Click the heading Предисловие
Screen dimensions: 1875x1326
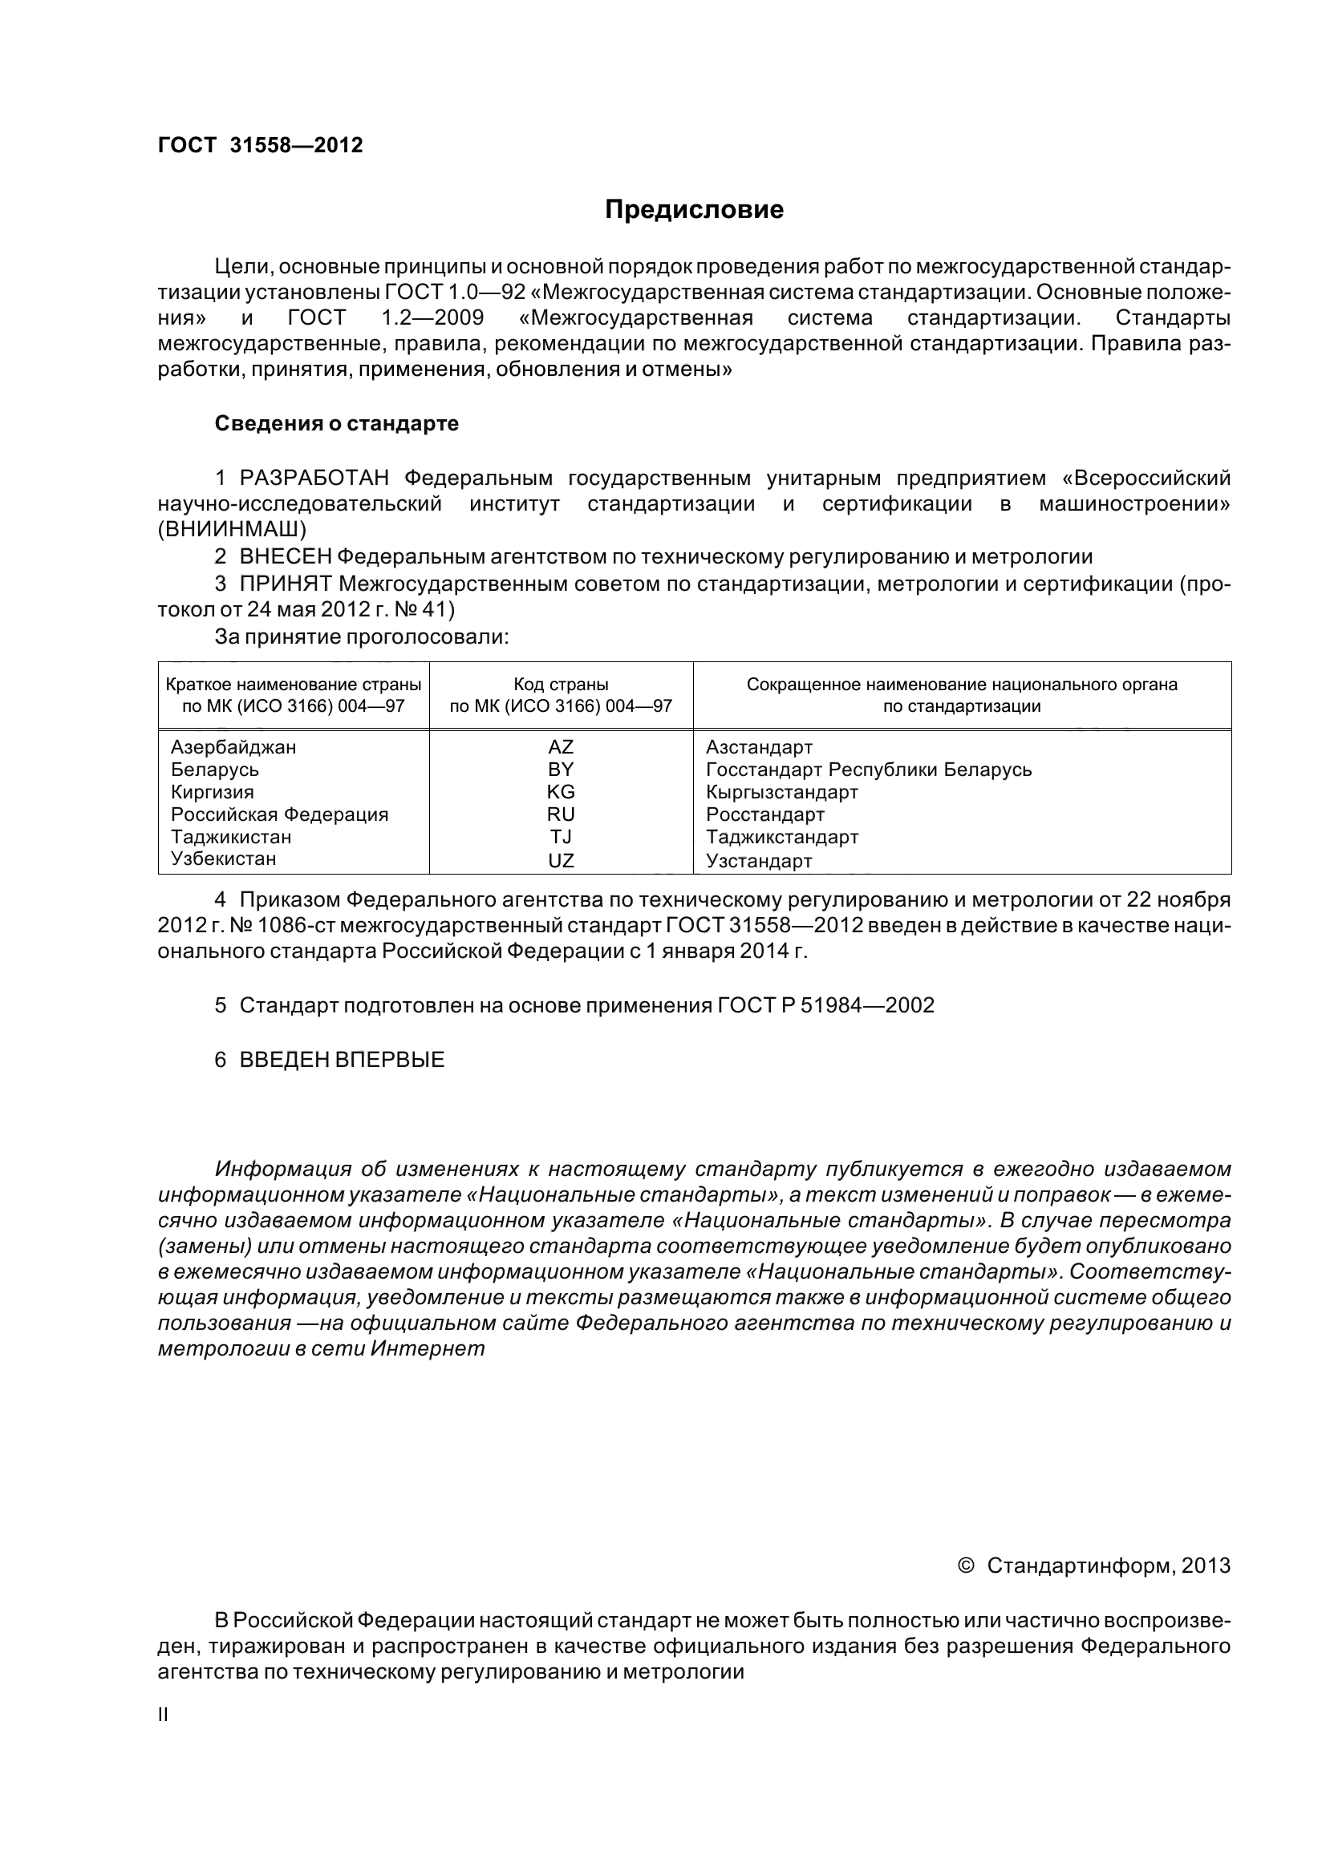pos(694,210)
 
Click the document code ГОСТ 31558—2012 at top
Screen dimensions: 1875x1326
pos(260,145)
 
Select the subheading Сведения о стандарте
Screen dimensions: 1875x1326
pos(337,424)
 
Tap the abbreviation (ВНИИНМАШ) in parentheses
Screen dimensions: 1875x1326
pos(232,528)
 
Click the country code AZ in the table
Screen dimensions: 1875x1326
pos(561,746)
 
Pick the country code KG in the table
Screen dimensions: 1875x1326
pos(561,791)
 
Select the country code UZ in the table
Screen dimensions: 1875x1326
pos(561,860)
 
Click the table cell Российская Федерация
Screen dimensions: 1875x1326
pos(279,814)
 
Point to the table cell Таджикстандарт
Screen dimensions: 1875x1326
pos(782,836)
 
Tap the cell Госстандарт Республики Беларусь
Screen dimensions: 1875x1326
pos(869,770)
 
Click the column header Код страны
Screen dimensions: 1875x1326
pos(561,685)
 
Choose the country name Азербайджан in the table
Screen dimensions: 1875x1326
pos(233,746)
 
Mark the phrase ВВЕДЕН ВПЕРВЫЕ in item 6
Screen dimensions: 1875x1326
pos(342,1060)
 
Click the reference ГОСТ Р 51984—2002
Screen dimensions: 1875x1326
pos(826,1005)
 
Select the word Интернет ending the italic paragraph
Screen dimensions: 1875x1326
pos(428,1348)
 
